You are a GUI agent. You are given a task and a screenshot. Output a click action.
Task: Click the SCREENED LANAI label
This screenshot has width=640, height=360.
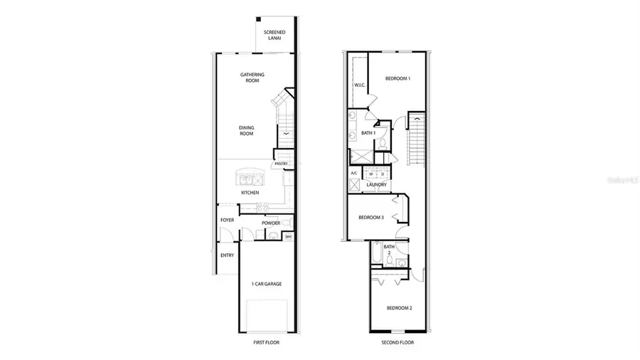pos(274,36)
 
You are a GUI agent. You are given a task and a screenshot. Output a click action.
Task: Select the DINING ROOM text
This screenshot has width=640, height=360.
pos(246,130)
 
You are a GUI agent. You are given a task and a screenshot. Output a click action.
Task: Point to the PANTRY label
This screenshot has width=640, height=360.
pos(279,164)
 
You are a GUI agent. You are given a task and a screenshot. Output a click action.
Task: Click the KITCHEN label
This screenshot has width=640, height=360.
pos(249,193)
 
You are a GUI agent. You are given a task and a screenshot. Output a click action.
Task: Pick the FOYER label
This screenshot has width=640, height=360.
pos(227,220)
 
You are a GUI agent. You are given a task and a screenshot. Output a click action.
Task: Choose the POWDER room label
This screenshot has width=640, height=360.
pos(270,223)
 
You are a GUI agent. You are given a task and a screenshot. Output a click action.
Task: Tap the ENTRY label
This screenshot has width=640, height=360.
pos(227,255)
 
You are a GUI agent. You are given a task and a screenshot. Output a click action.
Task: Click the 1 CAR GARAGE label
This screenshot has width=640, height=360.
pos(267,284)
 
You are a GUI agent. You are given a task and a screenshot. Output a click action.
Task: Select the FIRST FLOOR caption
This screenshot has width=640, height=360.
pos(267,342)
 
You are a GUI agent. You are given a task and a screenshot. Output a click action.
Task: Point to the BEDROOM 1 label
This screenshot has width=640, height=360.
pos(398,78)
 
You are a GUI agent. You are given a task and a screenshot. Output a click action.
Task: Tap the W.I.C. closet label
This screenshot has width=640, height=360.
pos(359,85)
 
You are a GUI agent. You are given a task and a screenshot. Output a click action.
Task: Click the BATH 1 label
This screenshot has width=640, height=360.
pos(368,133)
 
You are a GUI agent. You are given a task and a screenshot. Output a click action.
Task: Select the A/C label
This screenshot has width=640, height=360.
pos(354,173)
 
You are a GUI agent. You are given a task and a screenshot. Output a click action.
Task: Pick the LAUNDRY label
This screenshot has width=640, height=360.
pos(376,185)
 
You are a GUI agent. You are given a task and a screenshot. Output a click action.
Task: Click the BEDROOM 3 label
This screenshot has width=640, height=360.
pos(371,218)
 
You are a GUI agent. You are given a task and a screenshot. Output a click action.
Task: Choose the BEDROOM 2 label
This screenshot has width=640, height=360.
pos(399,308)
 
